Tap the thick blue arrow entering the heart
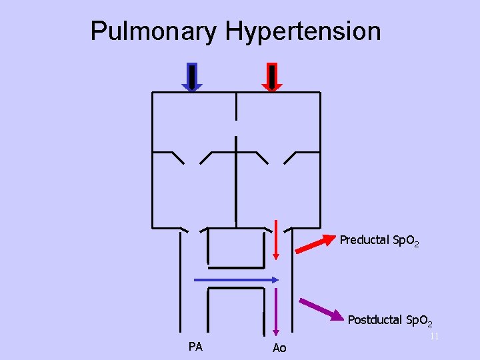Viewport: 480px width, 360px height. [192, 77]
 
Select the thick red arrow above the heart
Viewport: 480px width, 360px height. [272, 77]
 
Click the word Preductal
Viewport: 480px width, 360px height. [364, 240]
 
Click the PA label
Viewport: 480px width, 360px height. [195, 347]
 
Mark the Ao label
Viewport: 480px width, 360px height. [279, 348]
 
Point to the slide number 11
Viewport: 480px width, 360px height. [434, 337]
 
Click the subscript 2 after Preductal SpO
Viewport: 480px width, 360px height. [417, 245]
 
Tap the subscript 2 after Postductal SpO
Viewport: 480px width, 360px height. [431, 324]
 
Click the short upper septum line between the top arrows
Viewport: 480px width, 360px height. [236, 106]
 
